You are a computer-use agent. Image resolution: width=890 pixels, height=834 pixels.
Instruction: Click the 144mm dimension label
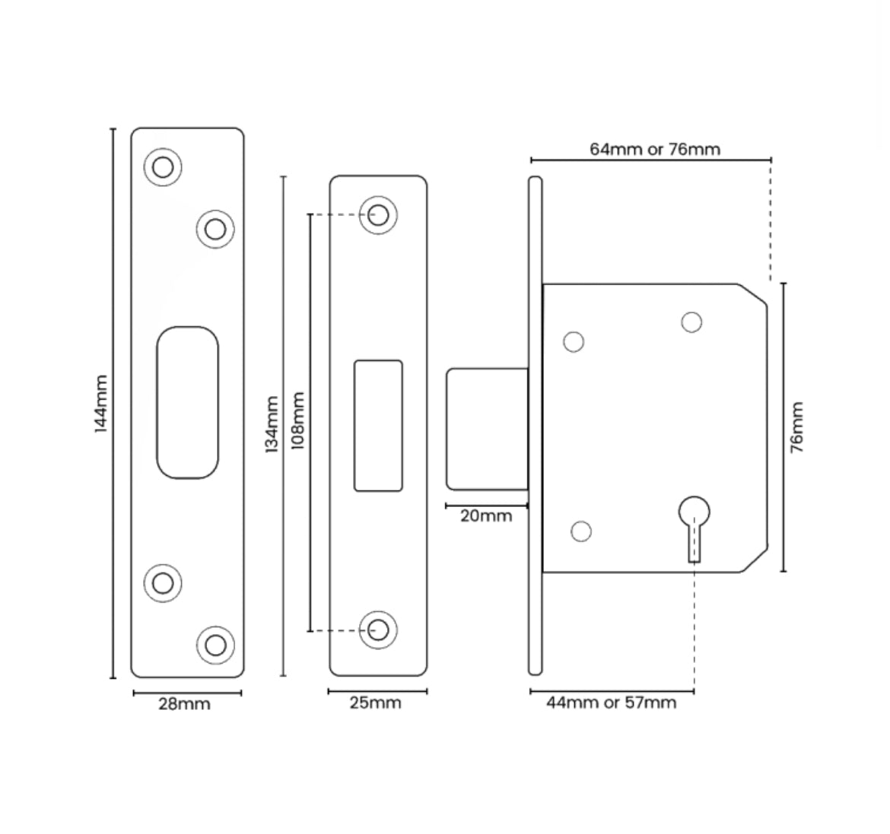(x=100, y=403)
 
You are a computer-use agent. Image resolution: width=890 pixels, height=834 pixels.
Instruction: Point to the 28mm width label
(x=184, y=704)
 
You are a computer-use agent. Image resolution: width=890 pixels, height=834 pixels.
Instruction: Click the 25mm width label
(x=375, y=703)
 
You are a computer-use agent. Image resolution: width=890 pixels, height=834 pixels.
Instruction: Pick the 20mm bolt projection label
(x=486, y=516)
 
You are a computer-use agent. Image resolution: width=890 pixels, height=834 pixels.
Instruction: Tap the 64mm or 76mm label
(x=654, y=149)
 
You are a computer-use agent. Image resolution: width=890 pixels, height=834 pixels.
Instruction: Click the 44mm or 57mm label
(x=611, y=702)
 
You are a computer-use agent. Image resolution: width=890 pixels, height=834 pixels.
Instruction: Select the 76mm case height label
(x=796, y=427)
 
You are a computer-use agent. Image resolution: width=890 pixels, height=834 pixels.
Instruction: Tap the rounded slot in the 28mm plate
(x=187, y=403)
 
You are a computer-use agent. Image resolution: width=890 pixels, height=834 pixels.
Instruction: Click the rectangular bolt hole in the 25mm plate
(x=378, y=426)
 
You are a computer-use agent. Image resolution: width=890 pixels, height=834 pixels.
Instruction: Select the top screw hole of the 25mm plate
(x=378, y=214)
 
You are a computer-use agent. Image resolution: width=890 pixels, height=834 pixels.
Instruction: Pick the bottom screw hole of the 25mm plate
(x=378, y=629)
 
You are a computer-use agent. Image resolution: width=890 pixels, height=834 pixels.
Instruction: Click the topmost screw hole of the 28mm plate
(x=163, y=166)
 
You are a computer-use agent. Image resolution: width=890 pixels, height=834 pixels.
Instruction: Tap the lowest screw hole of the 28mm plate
(x=215, y=645)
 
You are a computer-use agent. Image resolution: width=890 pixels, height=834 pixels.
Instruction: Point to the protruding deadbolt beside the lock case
(x=487, y=429)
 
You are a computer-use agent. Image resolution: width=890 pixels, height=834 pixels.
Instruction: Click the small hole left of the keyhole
(x=581, y=531)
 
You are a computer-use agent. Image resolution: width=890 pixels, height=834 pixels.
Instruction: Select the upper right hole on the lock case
(x=691, y=322)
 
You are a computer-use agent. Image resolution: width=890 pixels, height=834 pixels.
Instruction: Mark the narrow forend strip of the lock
(x=536, y=426)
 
